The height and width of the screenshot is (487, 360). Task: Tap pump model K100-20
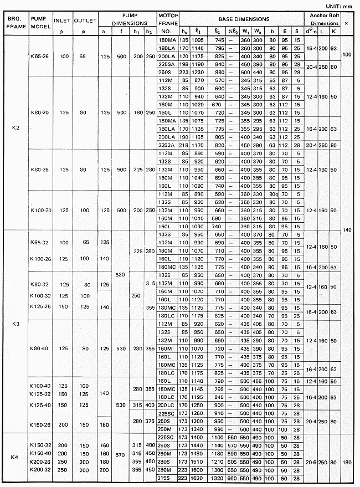41,211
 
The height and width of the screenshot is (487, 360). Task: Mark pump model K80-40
41,348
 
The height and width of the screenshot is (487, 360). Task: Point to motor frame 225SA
167,64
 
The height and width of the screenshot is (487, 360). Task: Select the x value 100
347,54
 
